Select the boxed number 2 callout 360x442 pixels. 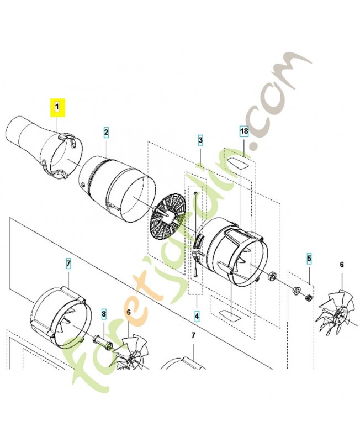coord(106,132)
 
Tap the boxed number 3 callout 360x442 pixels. coord(200,141)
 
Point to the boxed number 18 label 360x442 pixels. coord(243,131)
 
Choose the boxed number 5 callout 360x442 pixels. coord(309,258)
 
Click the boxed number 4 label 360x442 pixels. coord(197,317)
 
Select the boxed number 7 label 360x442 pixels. coord(68,264)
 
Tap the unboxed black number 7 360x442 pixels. coord(193,335)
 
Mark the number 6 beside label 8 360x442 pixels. coord(129,312)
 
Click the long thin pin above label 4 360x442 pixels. coord(196,232)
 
